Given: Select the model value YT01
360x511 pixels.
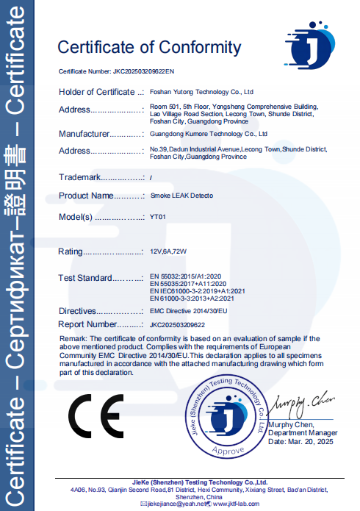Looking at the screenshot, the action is click(x=158, y=218).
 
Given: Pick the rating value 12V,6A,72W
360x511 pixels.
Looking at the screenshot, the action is click(x=168, y=252).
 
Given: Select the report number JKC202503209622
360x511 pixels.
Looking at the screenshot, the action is click(x=177, y=324).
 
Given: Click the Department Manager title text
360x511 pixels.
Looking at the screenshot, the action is click(x=303, y=434).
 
